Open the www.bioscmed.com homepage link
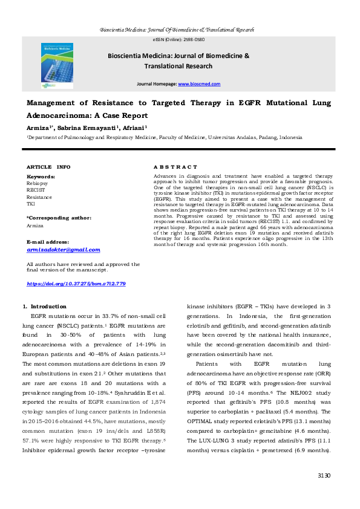point(199,84)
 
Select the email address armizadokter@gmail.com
point(64,250)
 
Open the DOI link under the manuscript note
point(76,284)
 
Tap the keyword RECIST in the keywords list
point(35,190)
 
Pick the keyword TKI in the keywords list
point(31,204)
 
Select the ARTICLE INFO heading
point(48,166)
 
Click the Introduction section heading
point(48,307)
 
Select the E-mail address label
point(47,242)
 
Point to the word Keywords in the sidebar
point(41,177)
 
